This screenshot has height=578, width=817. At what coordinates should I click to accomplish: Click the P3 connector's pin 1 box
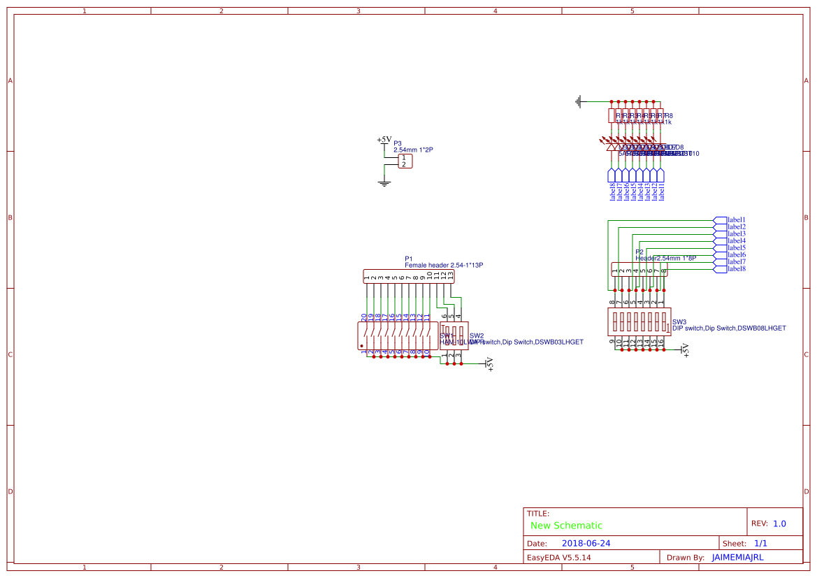point(404,158)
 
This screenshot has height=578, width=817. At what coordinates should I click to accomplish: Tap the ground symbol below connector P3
point(384,183)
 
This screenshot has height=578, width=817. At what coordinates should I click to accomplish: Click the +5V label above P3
point(384,140)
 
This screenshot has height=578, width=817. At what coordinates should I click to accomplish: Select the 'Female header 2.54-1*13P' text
point(444,266)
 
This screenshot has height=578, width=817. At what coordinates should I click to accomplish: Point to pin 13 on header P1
point(451,276)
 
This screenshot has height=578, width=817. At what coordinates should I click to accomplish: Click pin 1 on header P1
point(367,277)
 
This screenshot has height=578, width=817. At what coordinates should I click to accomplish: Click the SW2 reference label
point(477,335)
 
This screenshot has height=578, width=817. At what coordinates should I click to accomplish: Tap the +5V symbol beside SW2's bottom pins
point(489,364)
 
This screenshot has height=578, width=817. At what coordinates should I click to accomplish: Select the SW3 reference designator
point(679,322)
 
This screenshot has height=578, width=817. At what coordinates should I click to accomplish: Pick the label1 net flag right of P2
point(720,220)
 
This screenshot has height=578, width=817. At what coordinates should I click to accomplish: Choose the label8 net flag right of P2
point(720,269)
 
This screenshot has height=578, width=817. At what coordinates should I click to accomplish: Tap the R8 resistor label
point(668,116)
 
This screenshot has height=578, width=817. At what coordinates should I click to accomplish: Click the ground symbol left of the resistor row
point(578,102)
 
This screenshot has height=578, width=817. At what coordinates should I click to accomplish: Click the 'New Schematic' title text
point(566,526)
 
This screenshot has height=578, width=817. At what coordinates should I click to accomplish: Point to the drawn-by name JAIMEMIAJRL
point(737,558)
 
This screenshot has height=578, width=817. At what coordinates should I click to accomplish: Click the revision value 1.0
point(779,523)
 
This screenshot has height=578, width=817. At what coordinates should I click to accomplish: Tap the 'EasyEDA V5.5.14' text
point(558,558)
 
